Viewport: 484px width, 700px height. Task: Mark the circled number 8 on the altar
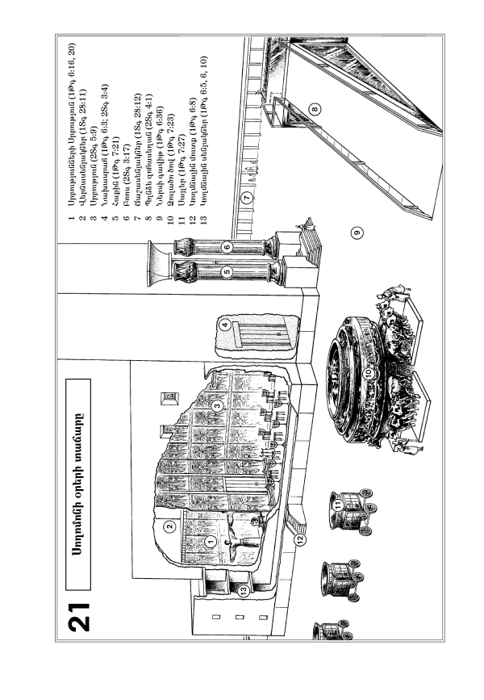315,107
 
